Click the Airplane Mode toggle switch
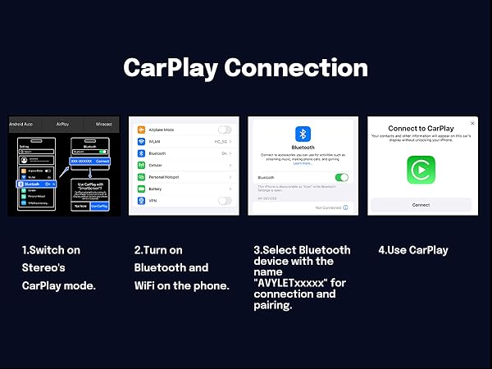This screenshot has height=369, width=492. [224, 130]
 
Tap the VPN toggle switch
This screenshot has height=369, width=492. [224, 200]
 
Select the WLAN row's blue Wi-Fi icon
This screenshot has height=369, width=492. [139, 141]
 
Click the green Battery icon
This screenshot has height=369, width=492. [139, 189]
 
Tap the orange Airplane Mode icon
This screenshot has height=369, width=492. [139, 130]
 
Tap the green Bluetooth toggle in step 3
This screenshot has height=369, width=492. [342, 177]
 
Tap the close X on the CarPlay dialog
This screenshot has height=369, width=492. [472, 123]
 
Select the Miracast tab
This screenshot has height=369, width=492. [102, 123]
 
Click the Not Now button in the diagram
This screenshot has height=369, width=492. [80, 207]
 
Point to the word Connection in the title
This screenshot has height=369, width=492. [299, 67]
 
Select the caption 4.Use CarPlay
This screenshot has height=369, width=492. [413, 250]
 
